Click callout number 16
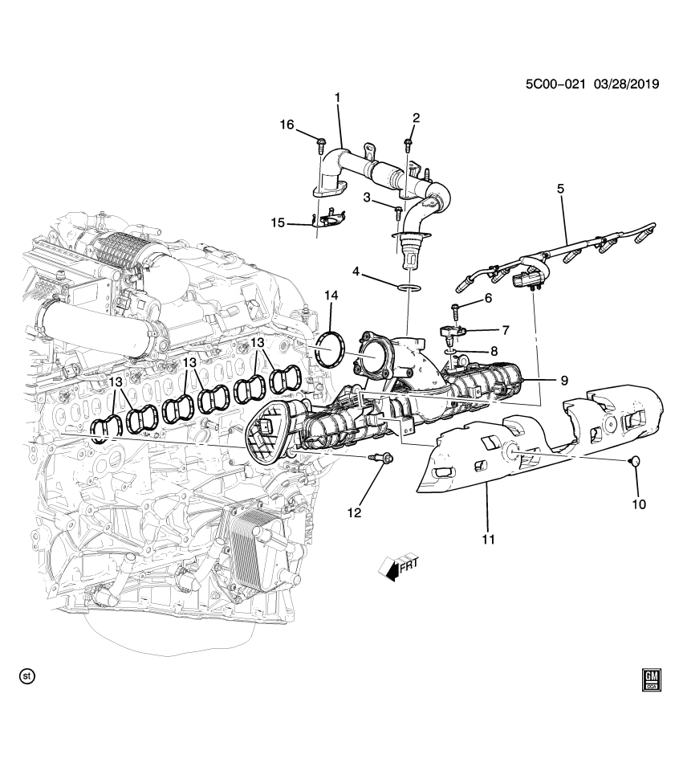click(287, 124)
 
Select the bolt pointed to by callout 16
click(320, 146)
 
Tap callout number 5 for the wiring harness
click(561, 189)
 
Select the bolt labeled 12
click(382, 459)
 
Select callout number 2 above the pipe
click(416, 119)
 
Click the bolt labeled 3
click(398, 210)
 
